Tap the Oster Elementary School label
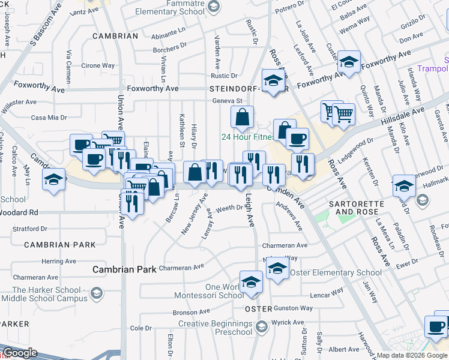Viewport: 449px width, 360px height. point(336,273)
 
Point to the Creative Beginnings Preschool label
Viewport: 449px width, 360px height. point(215,328)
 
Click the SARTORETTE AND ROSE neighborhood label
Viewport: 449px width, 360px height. point(357,208)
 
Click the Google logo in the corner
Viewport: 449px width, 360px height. point(19,353)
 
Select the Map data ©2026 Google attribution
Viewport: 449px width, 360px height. point(412,355)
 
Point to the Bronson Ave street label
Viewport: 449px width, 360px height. point(191,312)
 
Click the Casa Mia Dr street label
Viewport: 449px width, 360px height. point(47,118)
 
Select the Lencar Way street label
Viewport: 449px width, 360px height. point(327,295)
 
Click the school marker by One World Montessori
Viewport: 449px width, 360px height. point(251,282)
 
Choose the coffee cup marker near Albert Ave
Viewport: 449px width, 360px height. point(436,327)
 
